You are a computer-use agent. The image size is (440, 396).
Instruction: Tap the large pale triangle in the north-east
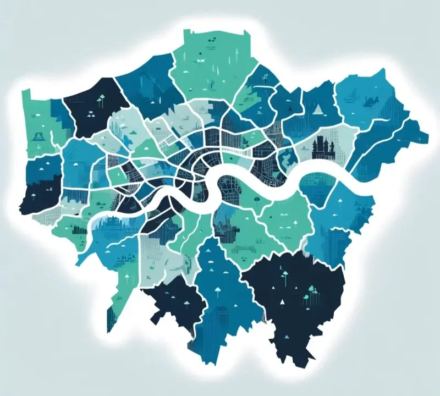pos(316,109)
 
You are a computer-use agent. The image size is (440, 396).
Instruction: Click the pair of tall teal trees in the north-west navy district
pos(101,100)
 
